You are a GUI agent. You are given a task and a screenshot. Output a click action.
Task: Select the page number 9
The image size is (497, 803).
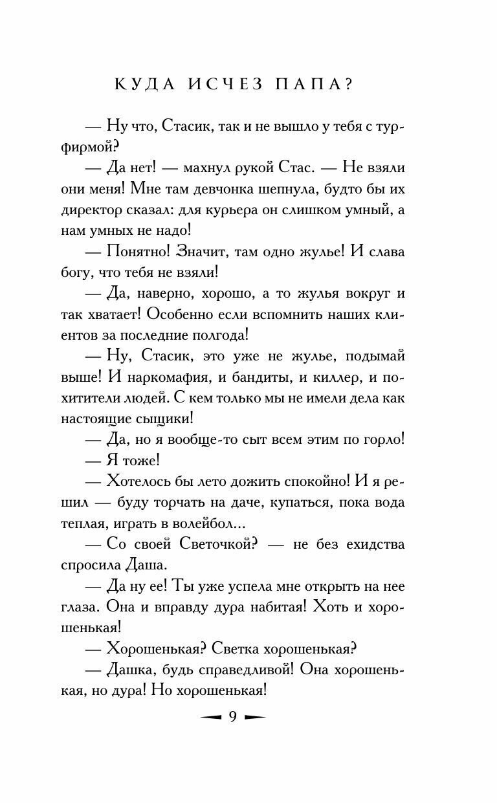233,718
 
